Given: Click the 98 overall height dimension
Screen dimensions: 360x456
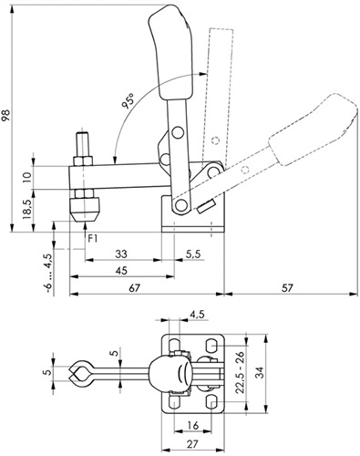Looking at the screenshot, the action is tap(6, 115).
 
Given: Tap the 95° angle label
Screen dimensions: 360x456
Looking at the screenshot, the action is tap(129, 101).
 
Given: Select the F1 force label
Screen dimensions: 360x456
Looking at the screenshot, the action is tap(93, 239).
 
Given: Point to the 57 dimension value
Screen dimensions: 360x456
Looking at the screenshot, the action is tap(287, 287).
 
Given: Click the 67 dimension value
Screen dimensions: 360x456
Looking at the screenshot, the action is tap(134, 287).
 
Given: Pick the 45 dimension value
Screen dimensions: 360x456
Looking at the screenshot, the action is tap(121, 270).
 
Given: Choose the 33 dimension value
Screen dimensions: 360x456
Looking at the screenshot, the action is tap(121, 254).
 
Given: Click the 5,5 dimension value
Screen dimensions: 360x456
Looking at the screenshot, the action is tap(193, 254).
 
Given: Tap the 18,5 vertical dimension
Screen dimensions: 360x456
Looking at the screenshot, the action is tap(27, 210).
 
